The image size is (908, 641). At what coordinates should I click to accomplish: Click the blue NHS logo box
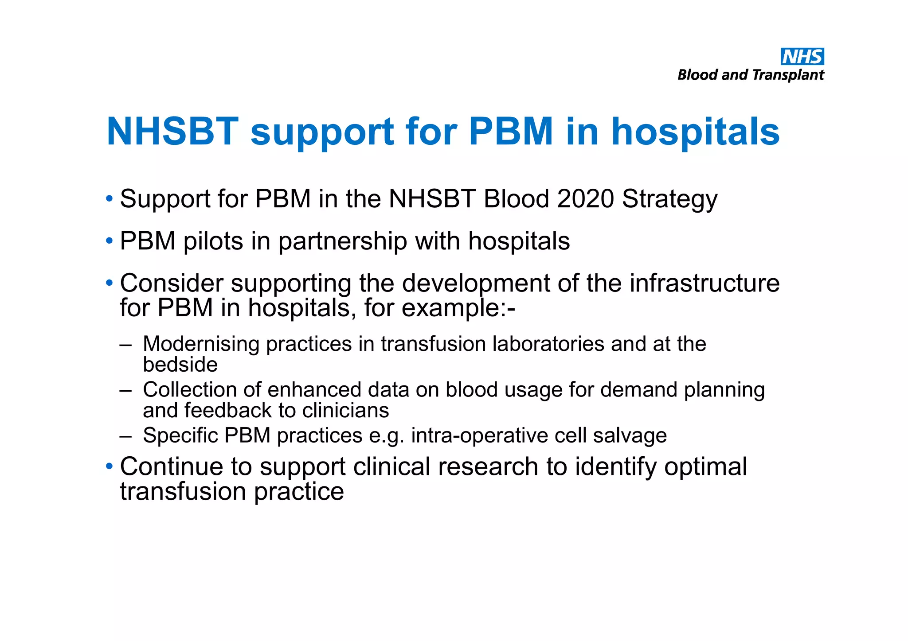[x=802, y=57]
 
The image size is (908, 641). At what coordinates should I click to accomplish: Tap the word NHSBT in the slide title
[x=172, y=132]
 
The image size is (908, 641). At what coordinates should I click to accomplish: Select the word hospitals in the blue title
[x=695, y=132]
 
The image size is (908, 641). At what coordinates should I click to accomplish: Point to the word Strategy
[x=669, y=200]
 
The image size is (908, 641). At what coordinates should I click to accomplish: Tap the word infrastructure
[x=704, y=283]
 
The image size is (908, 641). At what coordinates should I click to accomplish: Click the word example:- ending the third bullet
[x=458, y=308]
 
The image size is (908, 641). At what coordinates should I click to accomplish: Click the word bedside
[x=180, y=365]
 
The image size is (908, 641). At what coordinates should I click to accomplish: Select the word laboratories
[x=548, y=344]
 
